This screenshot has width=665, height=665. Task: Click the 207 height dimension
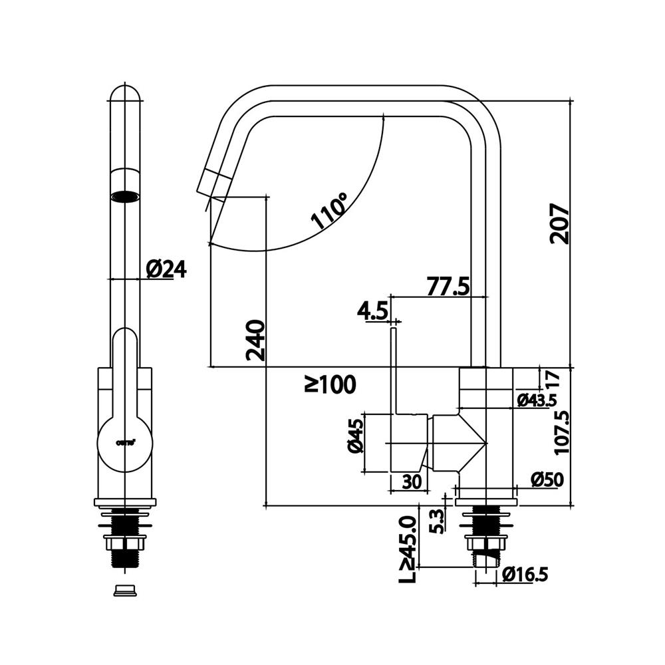(x=560, y=223)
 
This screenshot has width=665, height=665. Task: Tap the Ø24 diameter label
(x=166, y=269)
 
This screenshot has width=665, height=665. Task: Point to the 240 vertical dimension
(x=255, y=340)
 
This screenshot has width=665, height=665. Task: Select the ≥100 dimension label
(x=330, y=384)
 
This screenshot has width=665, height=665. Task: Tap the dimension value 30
(x=412, y=482)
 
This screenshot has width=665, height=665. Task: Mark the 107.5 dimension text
(x=562, y=432)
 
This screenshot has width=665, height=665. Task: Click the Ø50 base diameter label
(x=547, y=479)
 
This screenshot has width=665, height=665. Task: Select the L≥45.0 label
(x=406, y=551)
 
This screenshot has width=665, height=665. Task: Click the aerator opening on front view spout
(x=125, y=196)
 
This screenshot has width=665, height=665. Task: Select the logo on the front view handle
(x=125, y=441)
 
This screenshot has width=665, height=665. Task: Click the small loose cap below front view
(x=125, y=590)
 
